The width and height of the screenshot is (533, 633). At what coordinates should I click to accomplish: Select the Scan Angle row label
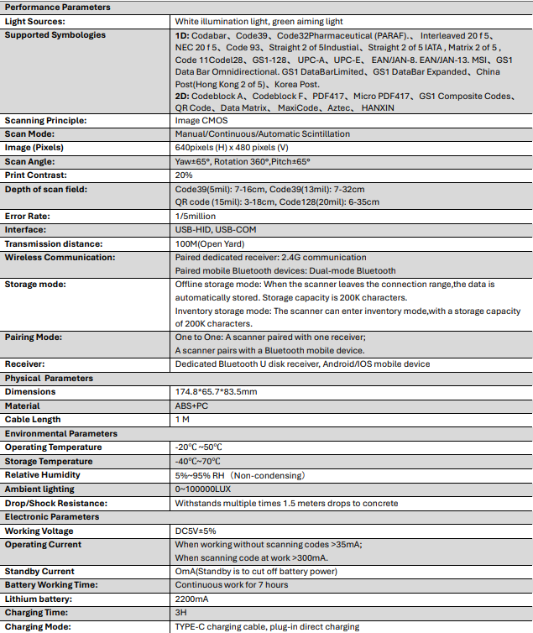[x=30, y=161]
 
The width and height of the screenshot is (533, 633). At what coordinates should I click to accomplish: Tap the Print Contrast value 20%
[x=184, y=175]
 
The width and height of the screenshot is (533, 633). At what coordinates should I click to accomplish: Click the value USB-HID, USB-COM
[x=215, y=229]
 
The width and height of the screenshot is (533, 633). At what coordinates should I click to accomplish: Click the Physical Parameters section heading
[x=50, y=378]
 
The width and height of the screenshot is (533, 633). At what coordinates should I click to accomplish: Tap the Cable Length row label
[x=33, y=419]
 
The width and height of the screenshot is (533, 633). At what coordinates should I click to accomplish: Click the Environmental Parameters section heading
[x=60, y=433]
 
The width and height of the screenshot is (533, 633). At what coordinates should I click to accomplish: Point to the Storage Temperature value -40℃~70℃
[x=198, y=461]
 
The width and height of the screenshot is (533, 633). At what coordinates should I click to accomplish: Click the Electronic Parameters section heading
[x=52, y=516]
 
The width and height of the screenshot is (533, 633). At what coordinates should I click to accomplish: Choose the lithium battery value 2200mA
[x=191, y=599]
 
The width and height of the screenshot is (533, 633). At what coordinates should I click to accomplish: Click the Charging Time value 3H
[x=180, y=613]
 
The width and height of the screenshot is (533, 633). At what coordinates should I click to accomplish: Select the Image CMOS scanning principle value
[x=201, y=120]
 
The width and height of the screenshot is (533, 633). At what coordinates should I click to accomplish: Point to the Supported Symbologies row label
[x=55, y=34]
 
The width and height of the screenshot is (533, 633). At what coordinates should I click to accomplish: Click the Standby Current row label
[x=39, y=571]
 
